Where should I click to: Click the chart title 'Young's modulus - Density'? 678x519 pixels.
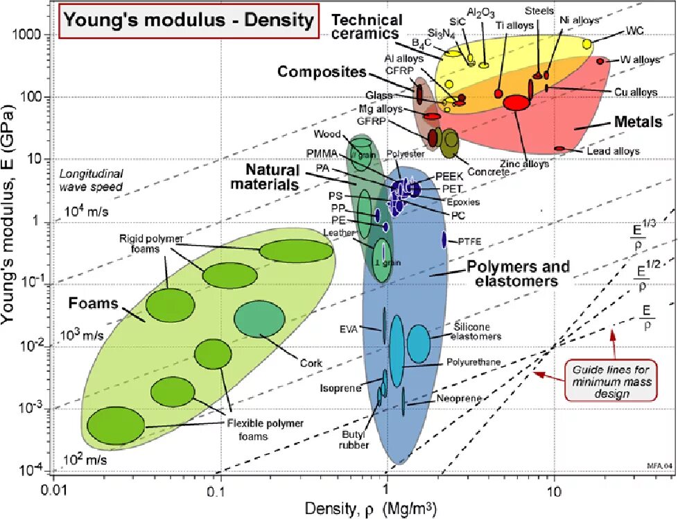(x=188, y=20)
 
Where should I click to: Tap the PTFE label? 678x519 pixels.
(x=469, y=241)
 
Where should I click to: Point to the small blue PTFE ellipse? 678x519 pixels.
(x=444, y=239)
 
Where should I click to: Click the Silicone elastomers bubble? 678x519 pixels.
(x=418, y=342)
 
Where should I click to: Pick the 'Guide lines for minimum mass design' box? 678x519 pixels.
(x=611, y=380)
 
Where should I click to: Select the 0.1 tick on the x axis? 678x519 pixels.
(x=220, y=490)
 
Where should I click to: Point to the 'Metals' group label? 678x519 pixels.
(x=638, y=122)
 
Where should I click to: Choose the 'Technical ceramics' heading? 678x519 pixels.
(x=366, y=26)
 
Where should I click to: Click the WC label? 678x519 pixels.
(x=634, y=31)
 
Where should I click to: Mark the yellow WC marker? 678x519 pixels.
(x=587, y=44)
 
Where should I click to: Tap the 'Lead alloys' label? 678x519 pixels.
(x=613, y=151)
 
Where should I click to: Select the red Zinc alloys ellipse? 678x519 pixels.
(x=516, y=103)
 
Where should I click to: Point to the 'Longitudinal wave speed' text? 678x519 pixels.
(x=91, y=180)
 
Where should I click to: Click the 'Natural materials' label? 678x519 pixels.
(x=273, y=177)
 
